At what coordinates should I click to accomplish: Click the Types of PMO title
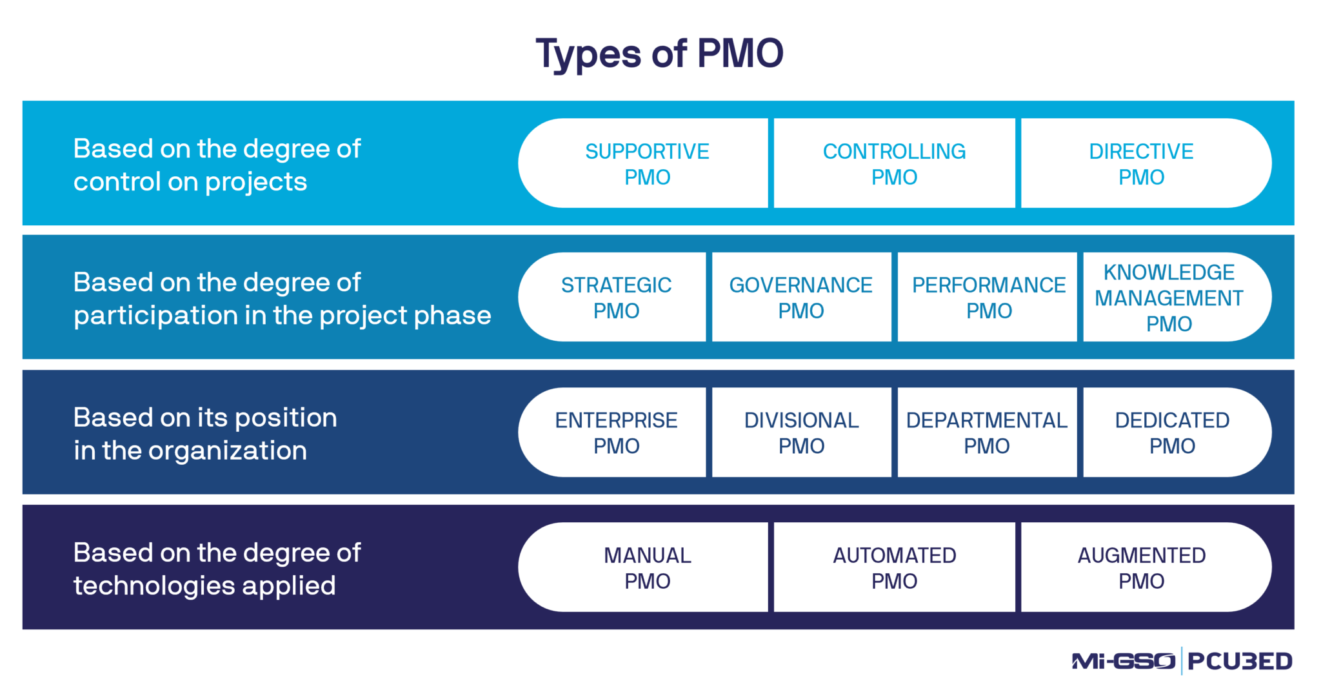coord(659,53)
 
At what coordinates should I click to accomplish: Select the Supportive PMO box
coord(647,164)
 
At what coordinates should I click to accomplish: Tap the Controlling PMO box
coord(894,164)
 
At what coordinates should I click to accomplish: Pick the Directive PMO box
coord(1141,164)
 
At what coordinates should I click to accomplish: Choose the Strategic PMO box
coord(616,298)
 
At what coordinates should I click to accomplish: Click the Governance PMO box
coord(800,298)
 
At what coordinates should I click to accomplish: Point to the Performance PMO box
coord(988,298)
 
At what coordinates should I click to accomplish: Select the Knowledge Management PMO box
coord(1169,298)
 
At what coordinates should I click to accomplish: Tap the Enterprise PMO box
coord(616,432)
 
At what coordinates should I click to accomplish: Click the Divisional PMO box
coord(801,432)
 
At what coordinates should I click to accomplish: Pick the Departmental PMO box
coord(986,432)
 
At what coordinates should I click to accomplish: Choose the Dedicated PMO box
coord(1172,432)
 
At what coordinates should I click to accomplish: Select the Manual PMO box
coord(647,567)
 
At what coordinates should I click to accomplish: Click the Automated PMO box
coord(894,567)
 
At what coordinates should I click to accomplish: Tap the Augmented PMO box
coord(1141,567)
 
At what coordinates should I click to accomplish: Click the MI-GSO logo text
coord(1123,661)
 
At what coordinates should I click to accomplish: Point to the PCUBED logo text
coord(1240,661)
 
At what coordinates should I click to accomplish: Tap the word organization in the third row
coord(227,451)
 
